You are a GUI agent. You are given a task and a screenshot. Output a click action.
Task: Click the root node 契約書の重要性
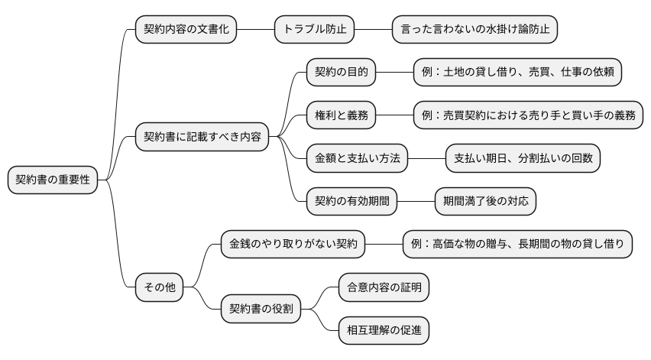(53, 180)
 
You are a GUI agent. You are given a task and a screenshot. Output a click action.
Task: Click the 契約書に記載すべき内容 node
(202, 138)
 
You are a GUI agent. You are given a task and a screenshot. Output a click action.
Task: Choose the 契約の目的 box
(341, 73)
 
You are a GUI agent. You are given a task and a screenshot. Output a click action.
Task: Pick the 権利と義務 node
(341, 115)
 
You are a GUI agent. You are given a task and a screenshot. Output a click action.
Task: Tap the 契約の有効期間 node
(351, 202)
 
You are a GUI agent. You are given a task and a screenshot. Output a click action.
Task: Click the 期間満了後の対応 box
(484, 202)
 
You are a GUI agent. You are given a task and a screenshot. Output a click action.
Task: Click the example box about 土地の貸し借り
(517, 73)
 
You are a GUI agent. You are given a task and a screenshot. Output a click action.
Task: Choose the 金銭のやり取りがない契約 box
(293, 245)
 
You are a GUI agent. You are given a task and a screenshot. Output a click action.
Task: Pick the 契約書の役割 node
(261, 310)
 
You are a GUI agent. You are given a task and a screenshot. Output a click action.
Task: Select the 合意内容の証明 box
(384, 288)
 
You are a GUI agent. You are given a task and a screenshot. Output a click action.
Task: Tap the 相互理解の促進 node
(384, 331)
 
